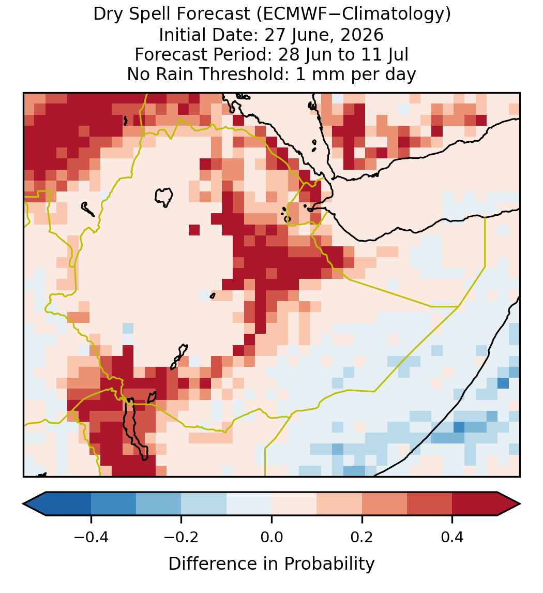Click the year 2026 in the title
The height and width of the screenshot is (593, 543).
point(362,35)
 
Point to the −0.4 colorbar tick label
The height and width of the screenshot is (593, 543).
point(91,537)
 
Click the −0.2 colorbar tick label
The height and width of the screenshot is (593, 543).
point(182,537)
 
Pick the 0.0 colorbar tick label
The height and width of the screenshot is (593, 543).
point(271,537)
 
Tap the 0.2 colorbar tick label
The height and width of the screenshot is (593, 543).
point(362,537)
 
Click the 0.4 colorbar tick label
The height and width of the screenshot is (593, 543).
point(452,537)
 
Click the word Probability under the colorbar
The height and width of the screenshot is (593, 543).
point(329,564)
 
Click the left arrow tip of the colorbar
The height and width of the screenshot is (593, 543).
point(23,504)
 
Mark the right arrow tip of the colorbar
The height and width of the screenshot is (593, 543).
point(520,504)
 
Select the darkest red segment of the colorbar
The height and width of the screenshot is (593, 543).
point(475,504)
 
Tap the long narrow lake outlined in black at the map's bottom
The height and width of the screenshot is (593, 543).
point(135,429)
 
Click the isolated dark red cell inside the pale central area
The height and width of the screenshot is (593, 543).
point(194,230)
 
